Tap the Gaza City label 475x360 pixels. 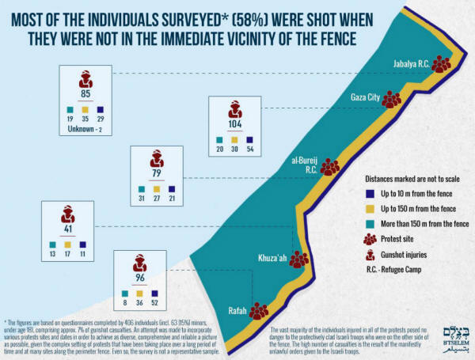pyautogui.click(x=366, y=97)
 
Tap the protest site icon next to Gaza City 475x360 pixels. pyautogui.click(x=392, y=98)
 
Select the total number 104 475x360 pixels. pyautogui.click(x=234, y=125)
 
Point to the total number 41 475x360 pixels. pyautogui.click(x=69, y=229)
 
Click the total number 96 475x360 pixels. pyautogui.click(x=139, y=279)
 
